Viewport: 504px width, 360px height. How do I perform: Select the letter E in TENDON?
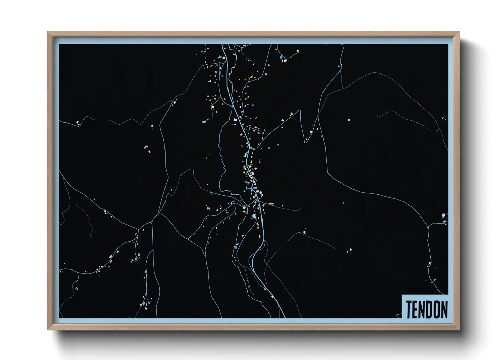416,310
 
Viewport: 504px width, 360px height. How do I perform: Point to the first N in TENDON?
423,310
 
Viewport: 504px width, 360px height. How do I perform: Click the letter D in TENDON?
430,310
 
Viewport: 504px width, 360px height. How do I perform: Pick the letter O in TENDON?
437,310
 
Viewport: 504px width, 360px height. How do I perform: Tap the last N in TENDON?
444,310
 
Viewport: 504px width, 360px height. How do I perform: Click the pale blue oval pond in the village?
254,216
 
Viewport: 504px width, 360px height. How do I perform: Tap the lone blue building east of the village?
343,203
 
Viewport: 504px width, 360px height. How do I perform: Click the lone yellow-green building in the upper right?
349,120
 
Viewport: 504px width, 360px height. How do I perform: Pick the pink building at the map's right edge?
443,215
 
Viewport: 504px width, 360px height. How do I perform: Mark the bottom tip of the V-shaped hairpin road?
305,142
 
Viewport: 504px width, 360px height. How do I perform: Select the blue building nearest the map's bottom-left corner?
77,289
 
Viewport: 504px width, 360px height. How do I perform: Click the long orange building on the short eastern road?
271,203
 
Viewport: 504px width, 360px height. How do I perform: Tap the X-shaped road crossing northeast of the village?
318,117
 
